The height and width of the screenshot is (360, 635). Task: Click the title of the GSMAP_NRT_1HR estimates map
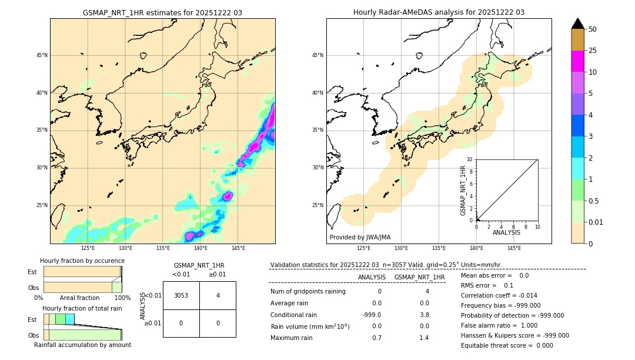click(162, 12)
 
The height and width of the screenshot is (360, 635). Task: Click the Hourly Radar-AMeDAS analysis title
click(439, 12)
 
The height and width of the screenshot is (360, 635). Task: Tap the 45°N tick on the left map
click(42, 55)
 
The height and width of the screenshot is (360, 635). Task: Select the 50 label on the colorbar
click(593, 29)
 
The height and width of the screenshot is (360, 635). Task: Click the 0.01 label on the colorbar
click(596, 222)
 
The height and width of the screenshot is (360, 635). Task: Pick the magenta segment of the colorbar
click(577, 61)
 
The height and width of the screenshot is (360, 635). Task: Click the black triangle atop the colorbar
click(577, 24)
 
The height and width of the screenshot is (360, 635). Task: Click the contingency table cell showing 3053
click(181, 295)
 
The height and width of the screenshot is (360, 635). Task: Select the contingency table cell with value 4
click(218, 295)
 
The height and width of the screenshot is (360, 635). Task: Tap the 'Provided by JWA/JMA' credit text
click(360, 237)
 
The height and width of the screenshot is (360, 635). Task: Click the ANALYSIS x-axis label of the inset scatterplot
click(506, 232)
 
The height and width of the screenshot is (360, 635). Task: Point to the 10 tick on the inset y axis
click(470, 159)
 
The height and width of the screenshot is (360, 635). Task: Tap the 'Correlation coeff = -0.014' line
click(499, 295)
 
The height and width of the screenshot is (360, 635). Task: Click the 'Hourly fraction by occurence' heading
click(82, 261)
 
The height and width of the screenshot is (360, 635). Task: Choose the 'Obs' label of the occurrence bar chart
click(33, 288)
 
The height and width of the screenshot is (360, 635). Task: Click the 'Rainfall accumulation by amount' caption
click(82, 345)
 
